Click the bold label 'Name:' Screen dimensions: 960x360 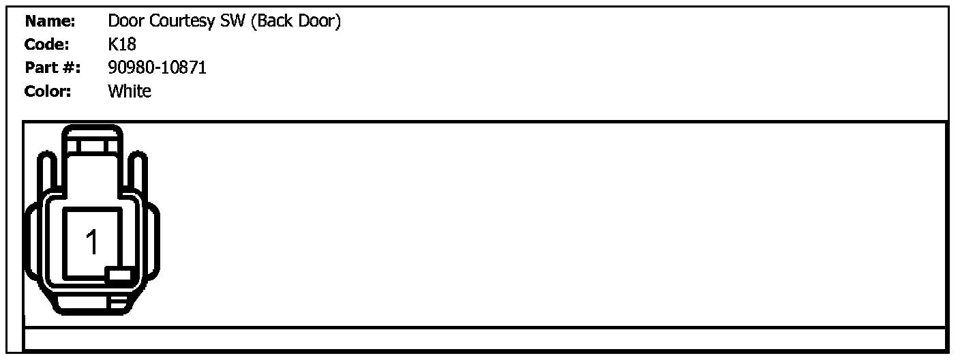click(x=50, y=22)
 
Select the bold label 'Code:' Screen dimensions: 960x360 click(x=47, y=45)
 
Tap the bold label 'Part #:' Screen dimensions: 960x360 click(x=52, y=68)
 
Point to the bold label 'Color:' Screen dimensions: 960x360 click(x=48, y=91)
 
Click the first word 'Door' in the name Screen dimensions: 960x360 click(x=126, y=22)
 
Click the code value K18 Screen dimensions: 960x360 click(x=122, y=45)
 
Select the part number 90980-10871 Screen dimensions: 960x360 click(x=157, y=68)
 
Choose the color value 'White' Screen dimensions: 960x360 click(x=130, y=91)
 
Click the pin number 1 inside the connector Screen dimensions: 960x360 click(x=92, y=242)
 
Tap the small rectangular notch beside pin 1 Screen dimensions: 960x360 click(x=119, y=275)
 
